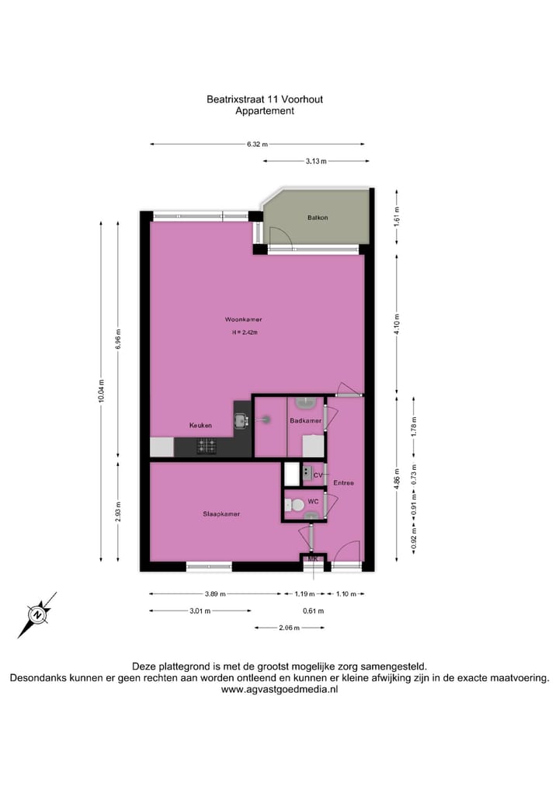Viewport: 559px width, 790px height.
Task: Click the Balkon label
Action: (317, 218)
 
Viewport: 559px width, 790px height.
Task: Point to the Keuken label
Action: (201, 426)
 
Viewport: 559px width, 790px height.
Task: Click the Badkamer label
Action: (305, 420)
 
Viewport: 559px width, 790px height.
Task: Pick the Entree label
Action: (343, 483)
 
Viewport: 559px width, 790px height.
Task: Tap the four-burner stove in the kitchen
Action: (207, 446)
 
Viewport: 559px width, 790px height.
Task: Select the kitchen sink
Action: (240, 420)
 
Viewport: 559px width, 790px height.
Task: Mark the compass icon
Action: (36, 614)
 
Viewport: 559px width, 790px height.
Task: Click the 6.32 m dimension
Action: (257, 144)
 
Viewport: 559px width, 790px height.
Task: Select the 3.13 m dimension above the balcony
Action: (315, 161)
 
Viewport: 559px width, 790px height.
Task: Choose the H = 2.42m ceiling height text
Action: (244, 332)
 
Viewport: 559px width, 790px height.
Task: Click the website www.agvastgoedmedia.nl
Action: (279, 689)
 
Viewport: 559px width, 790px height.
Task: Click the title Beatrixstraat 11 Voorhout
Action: (264, 99)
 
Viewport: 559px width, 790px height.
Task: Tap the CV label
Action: (318, 475)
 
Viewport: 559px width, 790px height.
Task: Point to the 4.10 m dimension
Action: (397, 322)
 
